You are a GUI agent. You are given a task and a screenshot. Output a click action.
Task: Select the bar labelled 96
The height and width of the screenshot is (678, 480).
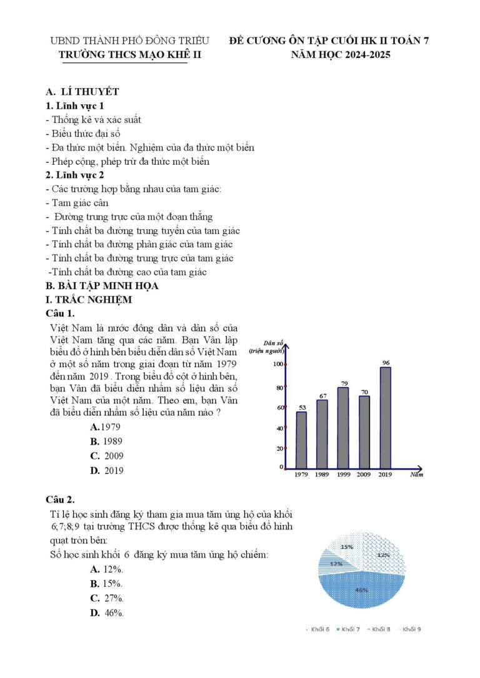pyautogui.click(x=386, y=418)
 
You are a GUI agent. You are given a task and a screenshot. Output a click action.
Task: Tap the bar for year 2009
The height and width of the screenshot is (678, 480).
pyautogui.click(x=364, y=432)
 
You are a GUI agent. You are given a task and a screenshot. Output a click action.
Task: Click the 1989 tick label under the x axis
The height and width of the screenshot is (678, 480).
pyautogui.click(x=322, y=475)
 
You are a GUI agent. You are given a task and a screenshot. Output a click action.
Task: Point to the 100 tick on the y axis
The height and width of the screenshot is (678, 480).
pyautogui.click(x=277, y=364)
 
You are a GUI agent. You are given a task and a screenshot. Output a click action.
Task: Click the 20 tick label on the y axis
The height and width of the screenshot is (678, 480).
pyautogui.click(x=279, y=448)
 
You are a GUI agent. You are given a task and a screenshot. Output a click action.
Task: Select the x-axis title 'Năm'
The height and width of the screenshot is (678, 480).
pyautogui.click(x=417, y=475)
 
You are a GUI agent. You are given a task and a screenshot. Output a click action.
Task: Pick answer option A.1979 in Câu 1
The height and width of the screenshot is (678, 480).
pyautogui.click(x=105, y=427)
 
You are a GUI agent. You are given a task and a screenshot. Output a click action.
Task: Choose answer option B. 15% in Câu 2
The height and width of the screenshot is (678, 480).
pyautogui.click(x=106, y=584)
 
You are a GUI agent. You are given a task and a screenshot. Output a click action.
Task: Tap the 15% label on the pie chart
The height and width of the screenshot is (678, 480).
pyautogui.click(x=346, y=546)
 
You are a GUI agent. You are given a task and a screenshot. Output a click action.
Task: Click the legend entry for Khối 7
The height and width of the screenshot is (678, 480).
pyautogui.click(x=347, y=629)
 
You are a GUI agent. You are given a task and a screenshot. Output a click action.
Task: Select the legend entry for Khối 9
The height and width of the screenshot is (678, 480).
pyautogui.click(x=408, y=629)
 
